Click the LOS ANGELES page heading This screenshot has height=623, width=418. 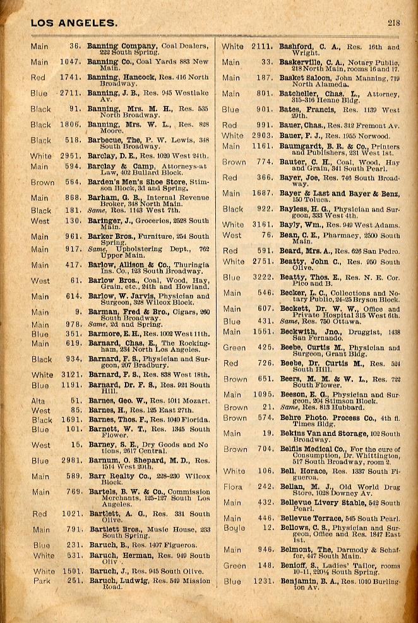click(x=73, y=23)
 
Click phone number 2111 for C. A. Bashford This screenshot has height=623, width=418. click(x=261, y=47)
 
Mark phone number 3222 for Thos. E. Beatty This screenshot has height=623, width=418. click(x=261, y=277)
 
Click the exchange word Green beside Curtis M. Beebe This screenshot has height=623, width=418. click(x=234, y=348)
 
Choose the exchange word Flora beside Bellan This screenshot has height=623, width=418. click(x=232, y=487)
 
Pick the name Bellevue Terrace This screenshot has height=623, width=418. click(x=311, y=518)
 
